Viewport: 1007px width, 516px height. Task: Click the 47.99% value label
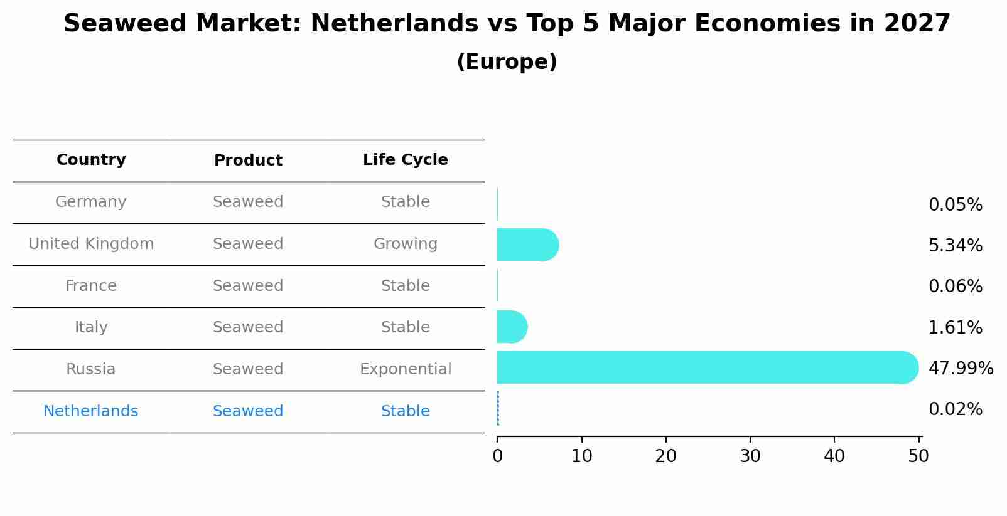(961, 368)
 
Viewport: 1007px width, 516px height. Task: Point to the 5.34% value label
(955, 245)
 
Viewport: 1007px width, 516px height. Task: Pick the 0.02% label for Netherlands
(955, 409)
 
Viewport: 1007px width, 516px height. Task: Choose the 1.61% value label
(955, 327)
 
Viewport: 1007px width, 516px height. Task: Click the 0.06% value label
(955, 287)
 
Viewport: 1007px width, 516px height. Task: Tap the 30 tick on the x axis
(750, 456)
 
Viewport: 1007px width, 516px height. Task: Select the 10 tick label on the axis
(581, 456)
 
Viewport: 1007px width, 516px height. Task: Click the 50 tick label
(918, 456)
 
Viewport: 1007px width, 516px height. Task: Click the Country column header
(91, 160)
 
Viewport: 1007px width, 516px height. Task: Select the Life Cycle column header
(406, 160)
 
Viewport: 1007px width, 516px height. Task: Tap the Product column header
(248, 161)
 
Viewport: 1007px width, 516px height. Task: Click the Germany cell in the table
(91, 202)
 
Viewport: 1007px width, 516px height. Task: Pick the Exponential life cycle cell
(406, 369)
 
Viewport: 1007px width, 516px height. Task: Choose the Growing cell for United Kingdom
(406, 244)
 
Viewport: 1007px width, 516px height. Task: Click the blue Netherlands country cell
(91, 411)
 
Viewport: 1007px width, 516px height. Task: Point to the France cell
(91, 286)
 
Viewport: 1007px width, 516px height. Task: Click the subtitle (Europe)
(507, 62)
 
